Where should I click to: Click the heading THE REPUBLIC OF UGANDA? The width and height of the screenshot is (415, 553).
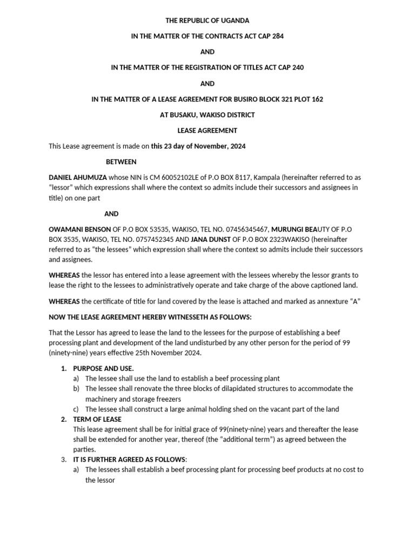coord(207,21)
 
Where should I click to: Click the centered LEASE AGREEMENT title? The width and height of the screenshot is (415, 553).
coord(207,131)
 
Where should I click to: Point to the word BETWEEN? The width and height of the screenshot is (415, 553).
coord(121,162)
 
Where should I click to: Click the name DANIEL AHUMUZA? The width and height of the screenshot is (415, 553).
coord(77,178)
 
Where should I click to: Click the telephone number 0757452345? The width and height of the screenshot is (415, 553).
coord(152,239)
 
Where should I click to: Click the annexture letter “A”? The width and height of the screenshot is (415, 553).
coord(355,301)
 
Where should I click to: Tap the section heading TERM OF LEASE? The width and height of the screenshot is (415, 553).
coord(97,420)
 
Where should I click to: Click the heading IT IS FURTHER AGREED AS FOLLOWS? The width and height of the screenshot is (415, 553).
coord(129,460)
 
